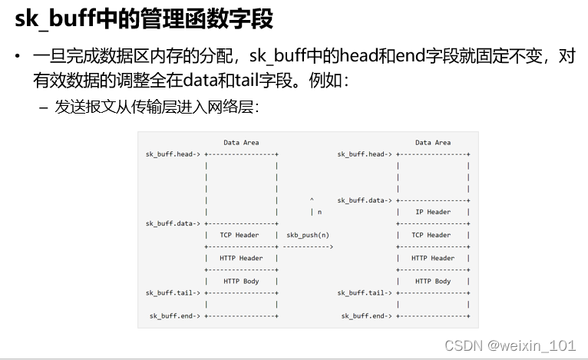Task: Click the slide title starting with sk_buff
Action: (x=144, y=19)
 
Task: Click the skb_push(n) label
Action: (x=308, y=235)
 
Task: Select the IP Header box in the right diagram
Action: (x=433, y=212)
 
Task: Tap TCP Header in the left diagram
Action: (x=239, y=235)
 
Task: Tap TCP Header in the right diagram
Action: (x=431, y=235)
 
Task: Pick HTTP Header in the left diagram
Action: (x=241, y=258)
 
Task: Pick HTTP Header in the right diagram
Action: (x=433, y=258)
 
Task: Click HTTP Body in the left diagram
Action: (x=241, y=281)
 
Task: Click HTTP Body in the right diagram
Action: (x=433, y=281)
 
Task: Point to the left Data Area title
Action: (x=241, y=142)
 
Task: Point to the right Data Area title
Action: (x=433, y=142)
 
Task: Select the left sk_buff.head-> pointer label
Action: (x=173, y=154)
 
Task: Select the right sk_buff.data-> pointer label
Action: (x=365, y=200)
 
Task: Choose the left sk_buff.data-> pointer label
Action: (x=173, y=223)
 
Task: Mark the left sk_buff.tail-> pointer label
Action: (x=173, y=292)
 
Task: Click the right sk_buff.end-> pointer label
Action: (x=367, y=315)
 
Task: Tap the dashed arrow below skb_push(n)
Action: (x=308, y=246)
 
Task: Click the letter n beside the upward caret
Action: (x=319, y=212)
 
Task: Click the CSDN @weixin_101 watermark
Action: (x=510, y=345)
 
